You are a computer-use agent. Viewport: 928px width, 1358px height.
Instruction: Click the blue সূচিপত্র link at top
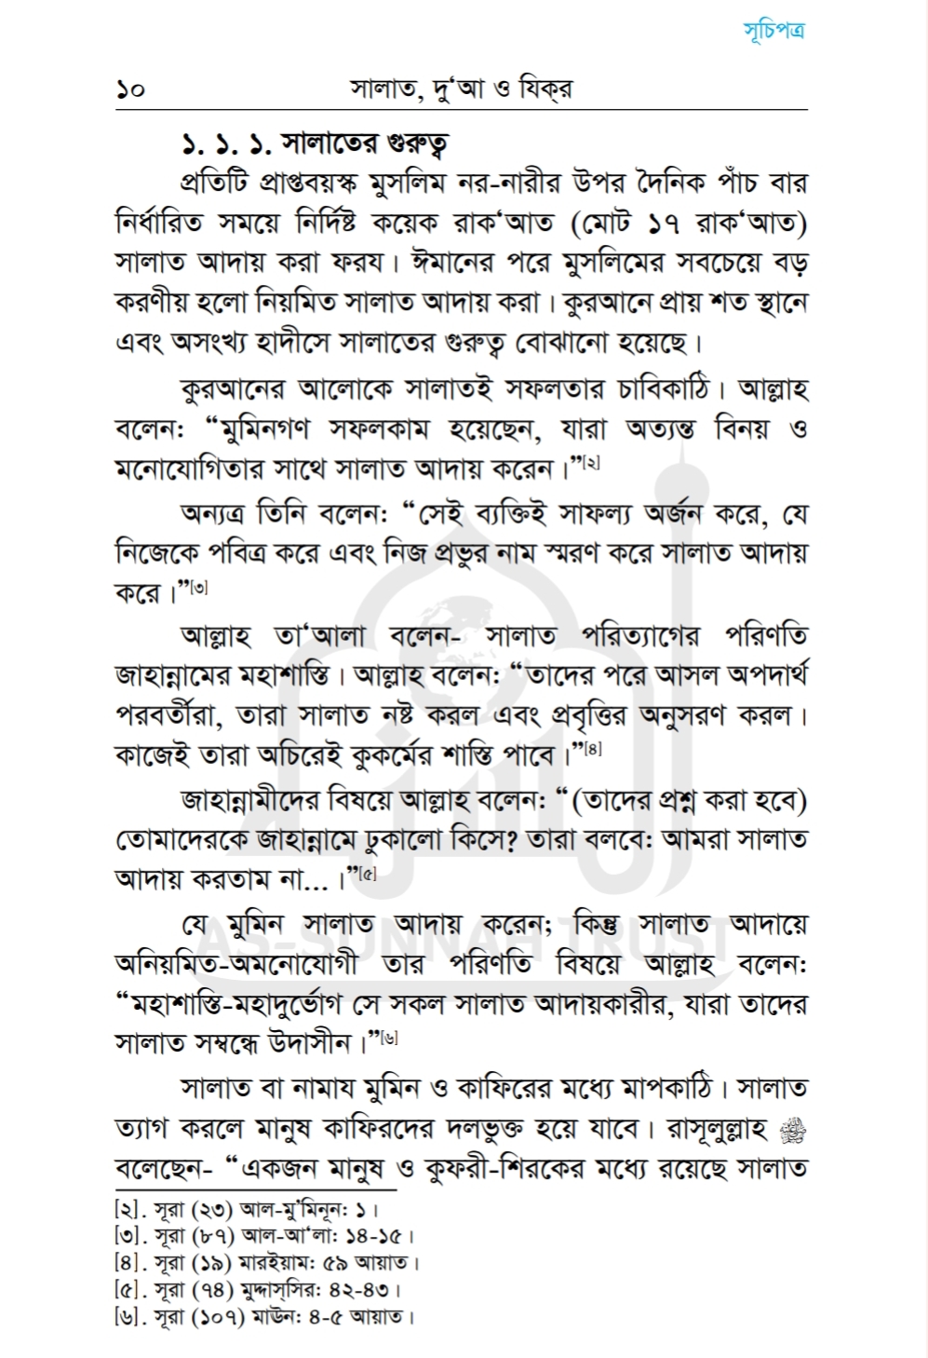click(x=774, y=30)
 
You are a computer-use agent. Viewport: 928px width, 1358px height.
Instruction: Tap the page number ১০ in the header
click(x=130, y=90)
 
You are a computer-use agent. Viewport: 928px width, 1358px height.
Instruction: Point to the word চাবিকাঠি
click(x=651, y=387)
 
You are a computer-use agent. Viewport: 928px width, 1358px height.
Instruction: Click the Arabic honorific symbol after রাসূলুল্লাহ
click(x=796, y=1130)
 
